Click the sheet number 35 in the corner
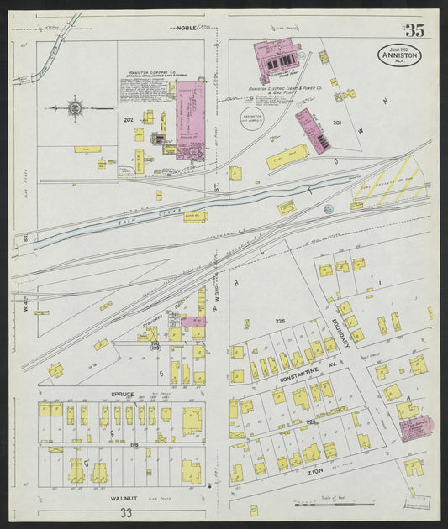[x=413, y=31]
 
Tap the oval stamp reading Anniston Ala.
[x=399, y=56]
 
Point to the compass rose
[x=75, y=108]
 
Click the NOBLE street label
[x=186, y=28]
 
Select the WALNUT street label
[x=124, y=498]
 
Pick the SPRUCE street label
[x=123, y=393]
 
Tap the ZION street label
[x=316, y=474]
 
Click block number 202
[x=129, y=120]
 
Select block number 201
[x=337, y=123]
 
